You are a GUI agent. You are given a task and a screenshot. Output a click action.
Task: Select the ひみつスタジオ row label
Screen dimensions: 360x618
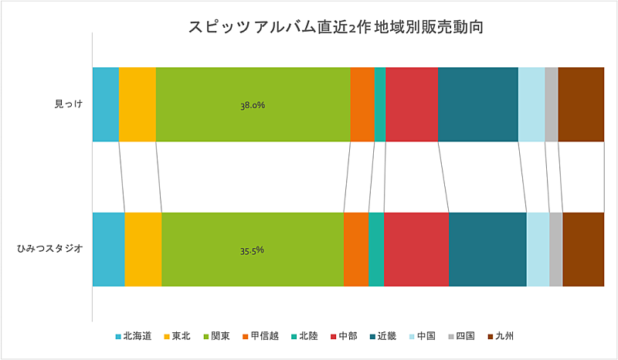point(50,249)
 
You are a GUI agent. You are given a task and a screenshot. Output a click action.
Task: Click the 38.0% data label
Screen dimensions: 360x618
point(253,105)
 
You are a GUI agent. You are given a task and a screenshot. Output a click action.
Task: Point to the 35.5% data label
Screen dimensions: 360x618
point(253,250)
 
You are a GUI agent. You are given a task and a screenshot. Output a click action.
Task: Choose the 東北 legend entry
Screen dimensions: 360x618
point(182,336)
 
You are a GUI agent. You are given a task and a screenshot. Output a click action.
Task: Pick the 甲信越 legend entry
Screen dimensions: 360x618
point(260,336)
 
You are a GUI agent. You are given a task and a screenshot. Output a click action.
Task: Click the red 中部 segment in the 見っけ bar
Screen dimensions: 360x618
point(412,104)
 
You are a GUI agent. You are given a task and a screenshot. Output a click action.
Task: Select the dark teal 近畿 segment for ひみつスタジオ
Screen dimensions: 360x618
point(487,250)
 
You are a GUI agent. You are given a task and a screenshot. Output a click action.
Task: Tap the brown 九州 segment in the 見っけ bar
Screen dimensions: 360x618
point(581,104)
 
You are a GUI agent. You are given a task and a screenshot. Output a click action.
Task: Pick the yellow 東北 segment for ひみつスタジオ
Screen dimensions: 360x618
point(143,250)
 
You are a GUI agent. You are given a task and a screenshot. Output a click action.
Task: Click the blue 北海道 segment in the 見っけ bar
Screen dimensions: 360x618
point(106,104)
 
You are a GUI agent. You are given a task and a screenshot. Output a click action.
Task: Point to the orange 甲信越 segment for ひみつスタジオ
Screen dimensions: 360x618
point(356,250)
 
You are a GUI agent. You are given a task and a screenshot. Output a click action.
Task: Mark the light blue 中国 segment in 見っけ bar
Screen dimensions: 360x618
point(531,104)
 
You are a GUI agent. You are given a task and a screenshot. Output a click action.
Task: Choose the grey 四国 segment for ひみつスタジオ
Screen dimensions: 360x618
point(556,250)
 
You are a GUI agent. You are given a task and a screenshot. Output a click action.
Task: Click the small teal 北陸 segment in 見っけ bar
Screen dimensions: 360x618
point(380,104)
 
